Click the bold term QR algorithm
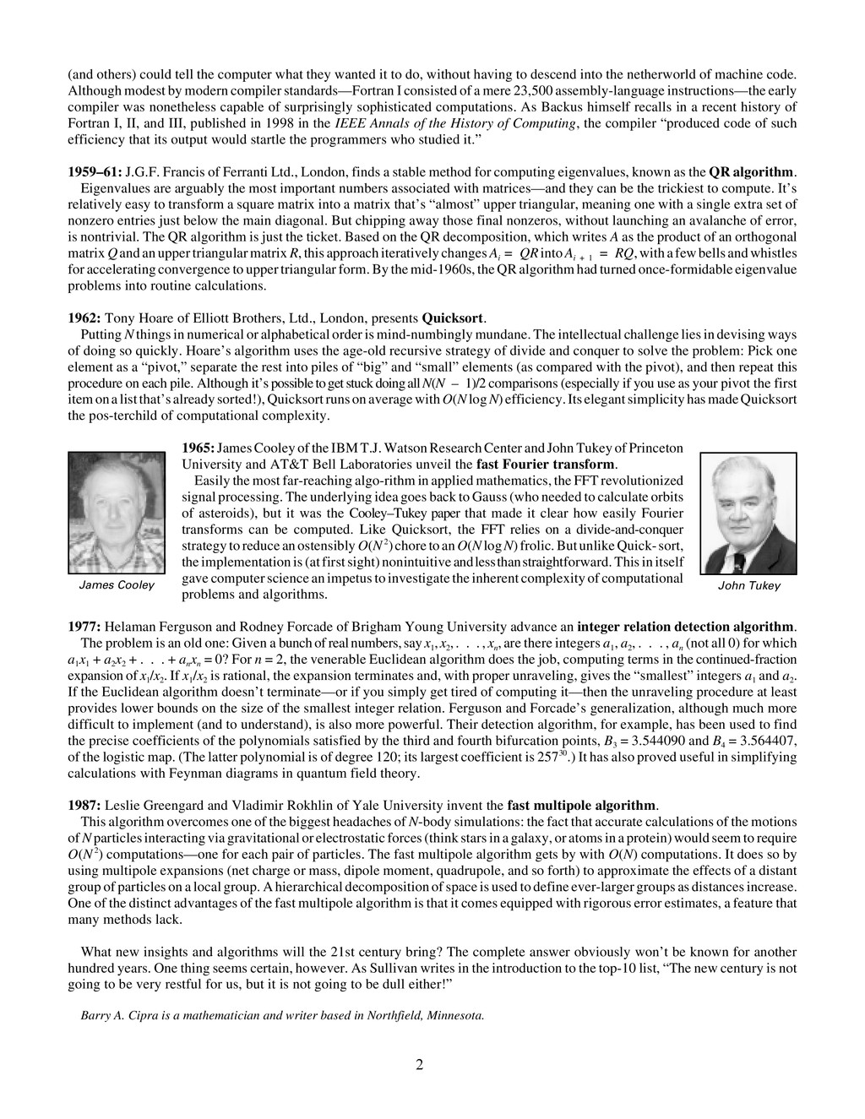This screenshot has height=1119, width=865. point(752,171)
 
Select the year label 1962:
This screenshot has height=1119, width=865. point(84,318)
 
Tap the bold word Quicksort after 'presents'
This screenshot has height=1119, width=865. point(453,318)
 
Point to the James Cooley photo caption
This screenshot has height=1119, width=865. point(117,585)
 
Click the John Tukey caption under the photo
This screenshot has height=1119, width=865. point(748,585)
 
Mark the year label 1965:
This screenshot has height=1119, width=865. point(199,448)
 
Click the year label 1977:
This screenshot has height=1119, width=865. point(84,627)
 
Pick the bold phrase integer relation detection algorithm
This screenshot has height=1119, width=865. point(685,627)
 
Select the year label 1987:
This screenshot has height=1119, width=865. point(84,805)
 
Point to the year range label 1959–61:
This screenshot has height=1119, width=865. point(95,171)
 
